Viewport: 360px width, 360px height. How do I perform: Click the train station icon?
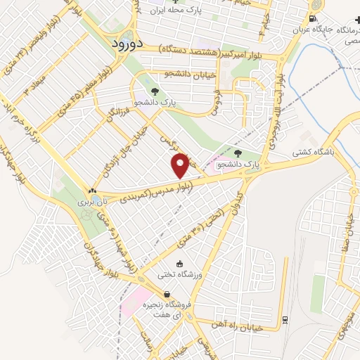(285, 320)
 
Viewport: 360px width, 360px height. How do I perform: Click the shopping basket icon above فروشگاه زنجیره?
(167, 295)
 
